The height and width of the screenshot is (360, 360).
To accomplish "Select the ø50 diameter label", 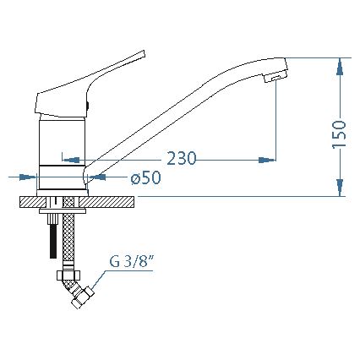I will click(x=145, y=177).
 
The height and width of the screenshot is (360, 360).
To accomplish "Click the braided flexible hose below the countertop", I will click(x=70, y=241).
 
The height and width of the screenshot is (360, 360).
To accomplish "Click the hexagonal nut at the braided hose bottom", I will click(x=68, y=274).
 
